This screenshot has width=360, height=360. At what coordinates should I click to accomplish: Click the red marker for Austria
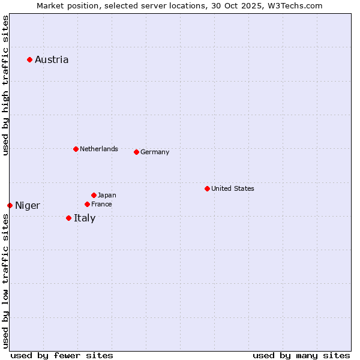[29, 59]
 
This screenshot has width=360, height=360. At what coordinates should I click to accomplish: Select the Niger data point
[10, 205]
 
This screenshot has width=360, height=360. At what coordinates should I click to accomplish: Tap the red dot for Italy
[68, 218]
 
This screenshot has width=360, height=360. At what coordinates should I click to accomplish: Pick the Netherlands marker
[76, 149]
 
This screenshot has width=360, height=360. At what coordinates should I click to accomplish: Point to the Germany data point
[136, 152]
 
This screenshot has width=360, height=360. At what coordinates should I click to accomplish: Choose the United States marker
[207, 188]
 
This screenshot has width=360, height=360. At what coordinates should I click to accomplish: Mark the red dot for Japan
[94, 195]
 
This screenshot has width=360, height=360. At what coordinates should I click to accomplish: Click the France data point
[87, 204]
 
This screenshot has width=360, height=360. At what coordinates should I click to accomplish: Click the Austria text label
[52, 59]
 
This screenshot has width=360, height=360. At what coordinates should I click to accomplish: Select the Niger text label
[28, 206]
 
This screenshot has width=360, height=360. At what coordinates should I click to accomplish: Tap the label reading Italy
[85, 218]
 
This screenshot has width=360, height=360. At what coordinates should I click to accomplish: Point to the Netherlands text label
[99, 149]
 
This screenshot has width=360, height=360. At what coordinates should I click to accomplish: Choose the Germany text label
[155, 152]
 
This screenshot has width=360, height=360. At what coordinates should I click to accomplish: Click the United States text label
[233, 188]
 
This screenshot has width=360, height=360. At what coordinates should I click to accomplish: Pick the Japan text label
[107, 195]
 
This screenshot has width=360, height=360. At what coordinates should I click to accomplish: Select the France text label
[101, 204]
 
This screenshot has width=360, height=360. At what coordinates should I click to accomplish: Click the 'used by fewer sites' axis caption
[62, 355]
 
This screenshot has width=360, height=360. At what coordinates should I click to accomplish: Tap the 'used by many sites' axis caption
[301, 355]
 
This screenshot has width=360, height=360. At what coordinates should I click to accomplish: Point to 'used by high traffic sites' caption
[6, 85]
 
